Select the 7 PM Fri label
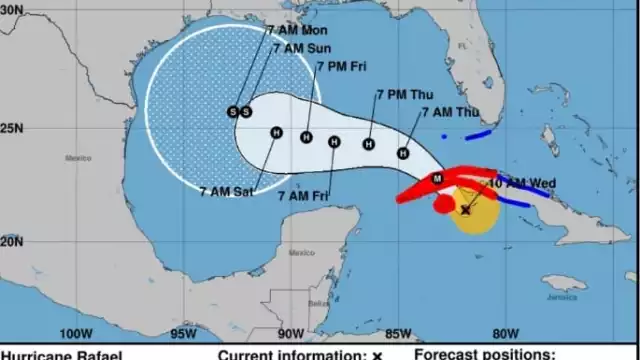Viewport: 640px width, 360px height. click(342, 67)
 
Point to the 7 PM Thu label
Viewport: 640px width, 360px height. click(403, 95)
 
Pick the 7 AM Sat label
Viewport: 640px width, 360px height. click(226, 192)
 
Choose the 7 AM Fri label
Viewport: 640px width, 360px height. click(311, 194)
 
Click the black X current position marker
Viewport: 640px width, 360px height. click(465, 210)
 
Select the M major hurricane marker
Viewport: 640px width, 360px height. click(436, 178)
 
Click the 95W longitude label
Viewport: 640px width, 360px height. click(181, 334)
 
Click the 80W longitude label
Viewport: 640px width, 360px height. click(505, 334)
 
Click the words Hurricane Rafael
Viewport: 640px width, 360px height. click(62, 354)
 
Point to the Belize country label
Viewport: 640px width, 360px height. click(318, 302)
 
